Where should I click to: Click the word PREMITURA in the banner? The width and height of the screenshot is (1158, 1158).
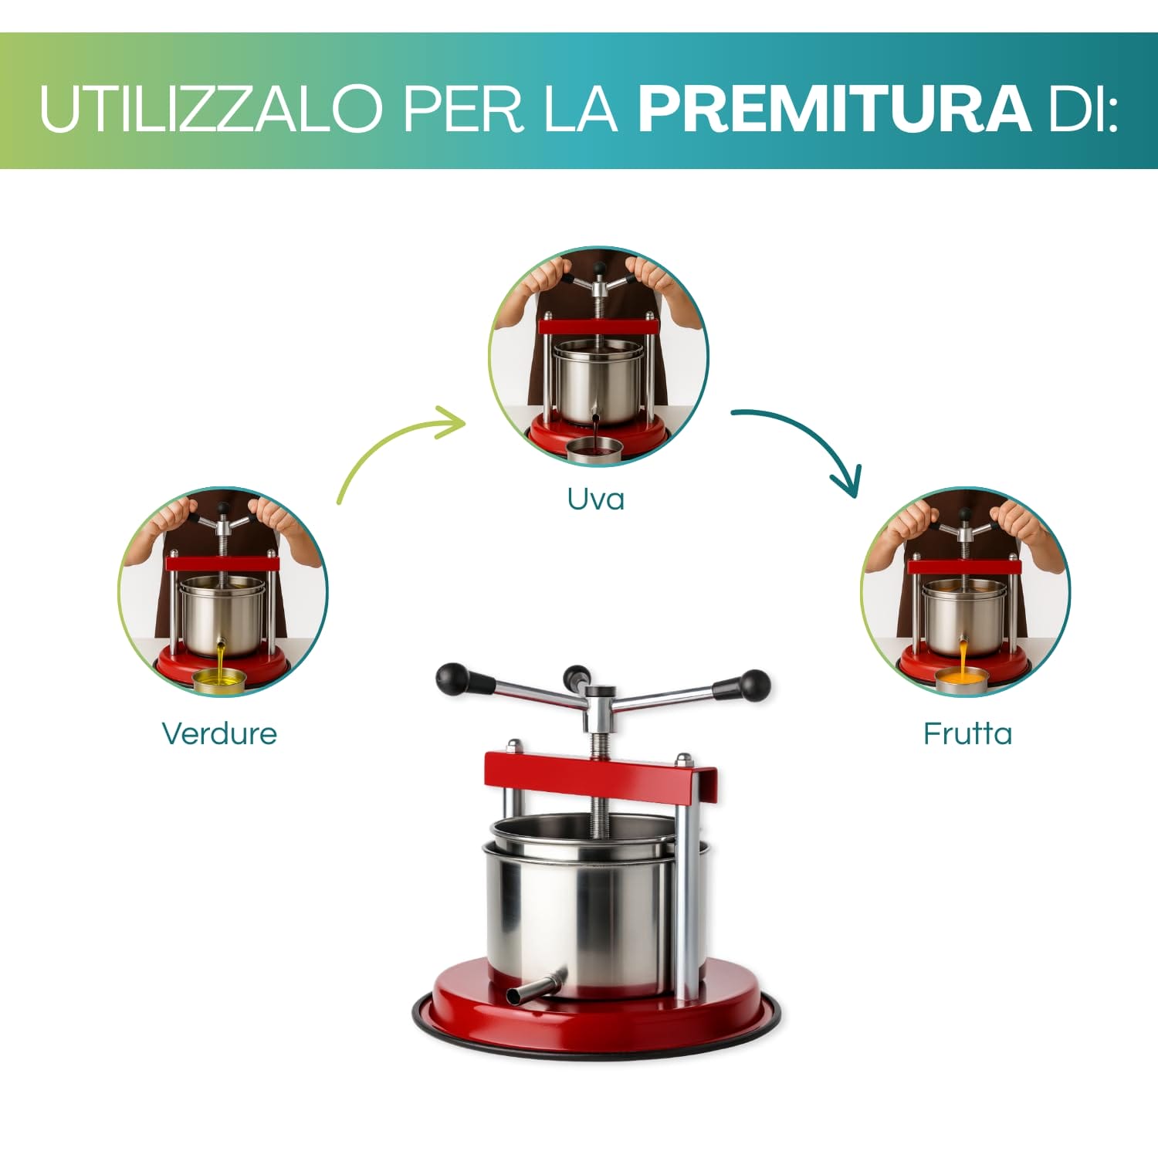pos(834,108)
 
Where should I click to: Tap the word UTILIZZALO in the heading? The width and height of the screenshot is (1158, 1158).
pos(211,108)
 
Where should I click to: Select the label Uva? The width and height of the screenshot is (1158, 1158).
pos(595,499)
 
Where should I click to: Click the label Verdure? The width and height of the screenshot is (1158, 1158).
pos(219,733)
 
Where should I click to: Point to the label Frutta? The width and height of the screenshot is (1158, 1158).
pos(967,733)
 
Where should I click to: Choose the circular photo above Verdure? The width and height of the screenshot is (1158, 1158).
pos(223,591)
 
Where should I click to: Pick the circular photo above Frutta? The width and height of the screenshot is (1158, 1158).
pos(966,591)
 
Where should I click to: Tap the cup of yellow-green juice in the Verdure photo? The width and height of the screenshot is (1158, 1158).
pos(219,680)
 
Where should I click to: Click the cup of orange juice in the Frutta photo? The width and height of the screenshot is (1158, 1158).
pos(962,679)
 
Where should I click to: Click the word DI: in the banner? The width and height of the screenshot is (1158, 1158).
pos(1082,108)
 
